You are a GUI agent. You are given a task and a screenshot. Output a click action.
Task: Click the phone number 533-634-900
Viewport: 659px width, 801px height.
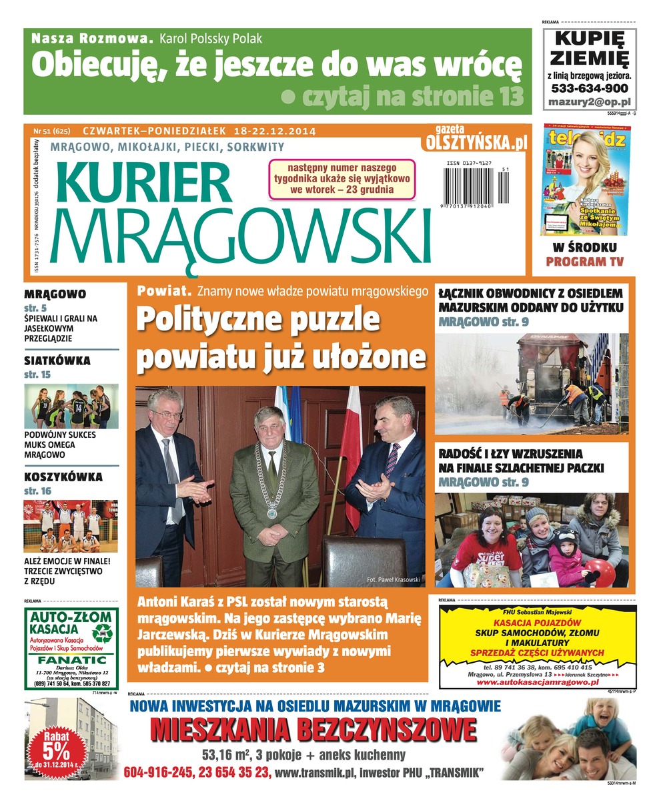click(589, 88)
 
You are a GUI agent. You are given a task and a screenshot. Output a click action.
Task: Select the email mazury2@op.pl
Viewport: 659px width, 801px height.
click(589, 102)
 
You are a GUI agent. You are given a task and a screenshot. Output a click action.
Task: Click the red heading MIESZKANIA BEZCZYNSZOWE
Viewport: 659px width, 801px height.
click(313, 730)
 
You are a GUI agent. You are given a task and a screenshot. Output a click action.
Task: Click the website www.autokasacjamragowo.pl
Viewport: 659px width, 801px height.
click(536, 682)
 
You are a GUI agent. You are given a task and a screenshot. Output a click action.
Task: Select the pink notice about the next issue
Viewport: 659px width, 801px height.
click(342, 178)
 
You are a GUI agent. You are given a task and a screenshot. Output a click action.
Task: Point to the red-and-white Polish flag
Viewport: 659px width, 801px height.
click(350, 461)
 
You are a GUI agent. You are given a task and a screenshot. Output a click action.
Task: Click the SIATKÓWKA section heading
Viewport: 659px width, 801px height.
click(57, 361)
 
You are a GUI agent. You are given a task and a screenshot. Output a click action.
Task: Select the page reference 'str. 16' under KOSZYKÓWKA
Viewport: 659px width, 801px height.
click(37, 491)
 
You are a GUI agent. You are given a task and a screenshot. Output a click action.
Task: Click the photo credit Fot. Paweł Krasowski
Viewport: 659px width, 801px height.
click(394, 579)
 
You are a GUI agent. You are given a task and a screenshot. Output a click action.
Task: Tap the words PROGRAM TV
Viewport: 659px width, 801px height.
click(585, 262)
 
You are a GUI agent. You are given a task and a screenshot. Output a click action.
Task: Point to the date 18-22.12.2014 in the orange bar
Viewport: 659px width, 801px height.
click(271, 131)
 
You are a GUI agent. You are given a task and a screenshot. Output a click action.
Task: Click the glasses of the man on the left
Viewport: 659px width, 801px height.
click(165, 415)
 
